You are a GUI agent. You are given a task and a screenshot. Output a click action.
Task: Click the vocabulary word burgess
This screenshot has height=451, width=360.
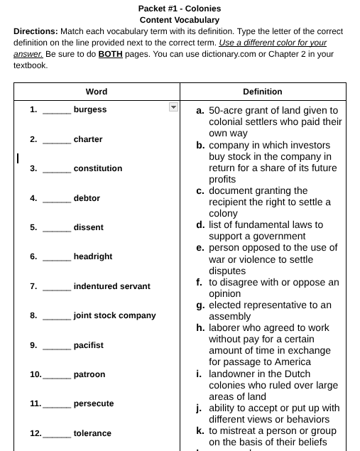90,109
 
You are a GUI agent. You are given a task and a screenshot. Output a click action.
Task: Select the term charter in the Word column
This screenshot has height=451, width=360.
88,139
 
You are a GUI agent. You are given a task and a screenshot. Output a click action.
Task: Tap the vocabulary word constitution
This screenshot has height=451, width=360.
98,168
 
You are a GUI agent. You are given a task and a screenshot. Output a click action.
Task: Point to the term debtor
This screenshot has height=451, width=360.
87,198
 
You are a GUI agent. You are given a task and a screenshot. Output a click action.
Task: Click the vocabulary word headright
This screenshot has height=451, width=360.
93,256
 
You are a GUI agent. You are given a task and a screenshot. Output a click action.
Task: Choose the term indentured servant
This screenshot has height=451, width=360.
112,286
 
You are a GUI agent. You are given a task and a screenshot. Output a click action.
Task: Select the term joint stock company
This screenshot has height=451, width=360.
115,315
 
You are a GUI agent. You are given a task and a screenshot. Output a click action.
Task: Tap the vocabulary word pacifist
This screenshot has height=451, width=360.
89,345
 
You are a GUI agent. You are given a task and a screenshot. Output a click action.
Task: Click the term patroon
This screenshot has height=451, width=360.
89,374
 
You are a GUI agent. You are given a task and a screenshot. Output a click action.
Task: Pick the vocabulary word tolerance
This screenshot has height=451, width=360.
92,433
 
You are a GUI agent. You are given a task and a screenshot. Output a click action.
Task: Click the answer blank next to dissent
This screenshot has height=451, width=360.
57,229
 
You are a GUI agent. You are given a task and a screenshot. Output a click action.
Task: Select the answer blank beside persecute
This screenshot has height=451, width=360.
57,405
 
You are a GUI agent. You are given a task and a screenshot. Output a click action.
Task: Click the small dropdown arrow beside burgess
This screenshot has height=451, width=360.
173,107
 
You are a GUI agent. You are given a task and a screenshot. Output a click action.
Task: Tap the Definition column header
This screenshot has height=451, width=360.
263,92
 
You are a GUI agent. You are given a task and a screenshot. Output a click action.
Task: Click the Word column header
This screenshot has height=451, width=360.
97,92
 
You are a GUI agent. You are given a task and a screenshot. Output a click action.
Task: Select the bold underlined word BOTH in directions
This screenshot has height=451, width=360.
109,53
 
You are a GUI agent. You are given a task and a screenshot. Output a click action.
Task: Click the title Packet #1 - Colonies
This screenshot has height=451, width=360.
180,9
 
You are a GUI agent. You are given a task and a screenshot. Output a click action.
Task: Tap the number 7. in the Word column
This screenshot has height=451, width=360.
33,286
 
